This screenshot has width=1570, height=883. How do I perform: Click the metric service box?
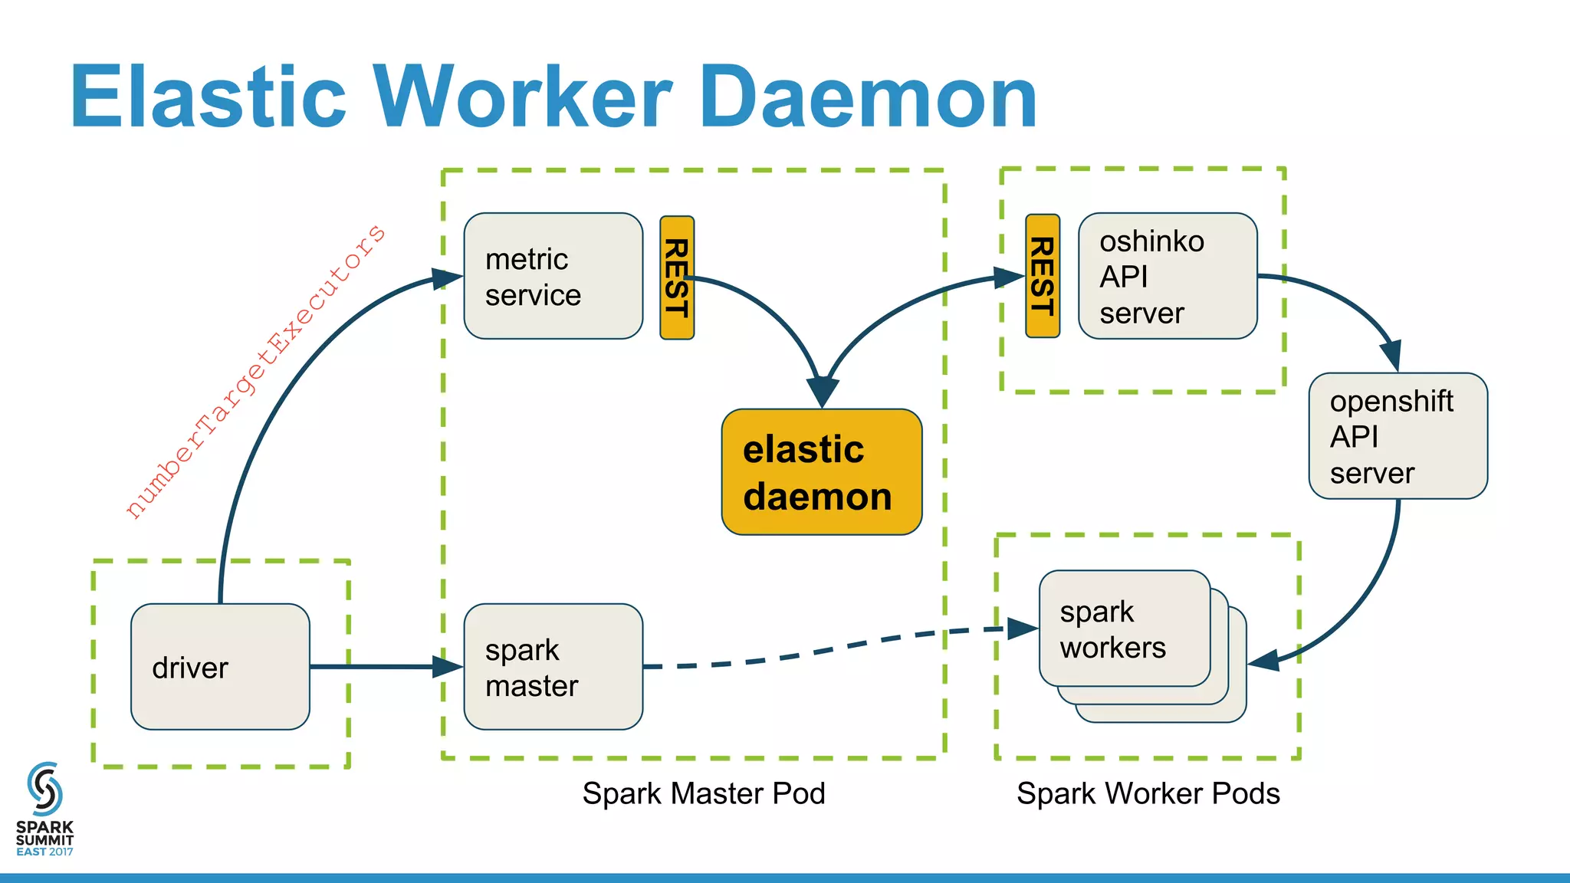[x=553, y=276]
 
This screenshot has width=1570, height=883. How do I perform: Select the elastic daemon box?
[x=821, y=472]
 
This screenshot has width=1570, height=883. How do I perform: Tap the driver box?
[x=220, y=667]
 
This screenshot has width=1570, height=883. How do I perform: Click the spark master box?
[x=553, y=667]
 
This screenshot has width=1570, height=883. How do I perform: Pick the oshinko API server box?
[x=1167, y=276]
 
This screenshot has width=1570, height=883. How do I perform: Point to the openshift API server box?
[x=1398, y=436]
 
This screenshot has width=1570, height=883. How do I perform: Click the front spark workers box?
[x=1124, y=629]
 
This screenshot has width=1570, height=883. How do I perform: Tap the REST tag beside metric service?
[x=677, y=277]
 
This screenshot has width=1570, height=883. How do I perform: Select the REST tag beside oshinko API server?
[x=1043, y=276]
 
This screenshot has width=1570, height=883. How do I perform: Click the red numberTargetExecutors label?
[x=255, y=372]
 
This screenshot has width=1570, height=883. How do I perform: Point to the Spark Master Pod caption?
[x=703, y=793]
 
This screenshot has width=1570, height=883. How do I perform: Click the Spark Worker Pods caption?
[x=1148, y=793]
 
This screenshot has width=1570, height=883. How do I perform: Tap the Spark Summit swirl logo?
[x=44, y=789]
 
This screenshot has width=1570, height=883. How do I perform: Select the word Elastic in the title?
[x=209, y=97]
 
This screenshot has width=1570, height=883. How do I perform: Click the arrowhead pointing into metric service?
[x=447, y=278]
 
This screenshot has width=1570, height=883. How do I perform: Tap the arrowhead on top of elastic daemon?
[x=822, y=392]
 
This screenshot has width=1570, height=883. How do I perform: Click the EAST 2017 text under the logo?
[x=44, y=852]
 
